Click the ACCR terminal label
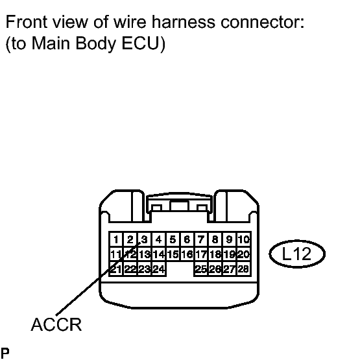click(56, 324)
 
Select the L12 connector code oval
click(297, 254)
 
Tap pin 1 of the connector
click(116, 239)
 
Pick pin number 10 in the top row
click(244, 239)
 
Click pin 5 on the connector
click(173, 239)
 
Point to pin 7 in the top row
click(201, 239)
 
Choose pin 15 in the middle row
click(173, 254)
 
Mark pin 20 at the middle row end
click(244, 254)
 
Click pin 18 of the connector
click(215, 254)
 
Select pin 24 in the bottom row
click(159, 269)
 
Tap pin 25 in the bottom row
click(201, 269)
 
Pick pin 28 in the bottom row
click(244, 269)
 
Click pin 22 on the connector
click(130, 269)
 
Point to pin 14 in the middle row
click(159, 254)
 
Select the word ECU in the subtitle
click(140, 43)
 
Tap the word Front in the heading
click(27, 22)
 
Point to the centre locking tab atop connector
click(179, 206)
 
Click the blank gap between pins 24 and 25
click(180, 269)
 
